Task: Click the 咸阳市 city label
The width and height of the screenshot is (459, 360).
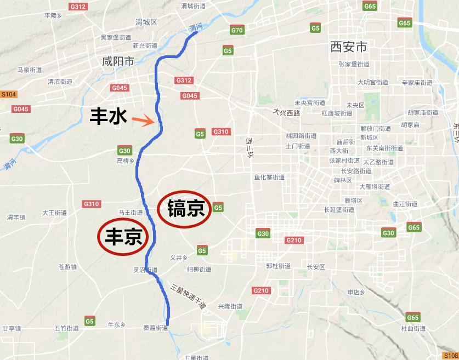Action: (118, 61)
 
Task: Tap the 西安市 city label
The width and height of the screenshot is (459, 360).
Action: (348, 47)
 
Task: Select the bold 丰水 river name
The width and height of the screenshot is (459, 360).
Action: (109, 116)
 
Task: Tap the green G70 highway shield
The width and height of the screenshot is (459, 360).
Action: (237, 31)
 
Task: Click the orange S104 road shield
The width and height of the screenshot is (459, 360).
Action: (9, 94)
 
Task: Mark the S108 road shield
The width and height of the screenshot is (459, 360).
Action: (450, 356)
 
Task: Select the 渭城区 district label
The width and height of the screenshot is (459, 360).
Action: (146, 22)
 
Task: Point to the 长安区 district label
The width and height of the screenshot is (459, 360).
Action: (316, 267)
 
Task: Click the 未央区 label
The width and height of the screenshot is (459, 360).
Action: (355, 105)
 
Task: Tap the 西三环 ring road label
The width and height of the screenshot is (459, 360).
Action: (250, 147)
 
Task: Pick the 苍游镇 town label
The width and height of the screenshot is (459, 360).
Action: (67, 267)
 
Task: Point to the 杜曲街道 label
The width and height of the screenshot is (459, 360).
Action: (412, 328)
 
